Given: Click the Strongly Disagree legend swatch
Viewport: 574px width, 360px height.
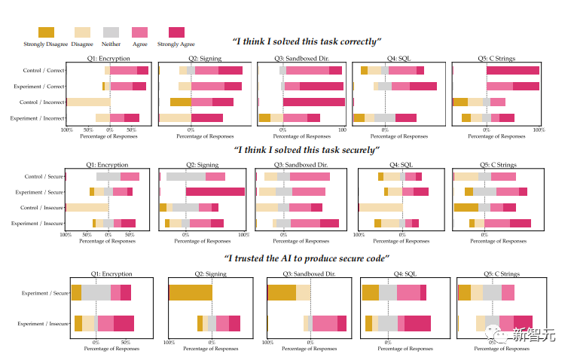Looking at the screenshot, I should click(45, 32).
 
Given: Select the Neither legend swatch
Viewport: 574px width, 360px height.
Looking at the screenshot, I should click(111, 32).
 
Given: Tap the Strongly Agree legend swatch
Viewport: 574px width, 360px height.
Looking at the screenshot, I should click(176, 32).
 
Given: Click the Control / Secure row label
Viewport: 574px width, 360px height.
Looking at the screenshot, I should click(44, 176).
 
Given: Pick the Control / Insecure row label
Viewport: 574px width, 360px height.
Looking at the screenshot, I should click(42, 207).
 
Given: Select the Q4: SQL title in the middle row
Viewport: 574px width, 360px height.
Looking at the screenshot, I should click(401, 165).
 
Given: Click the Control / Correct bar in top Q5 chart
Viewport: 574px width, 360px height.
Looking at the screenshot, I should click(512, 70).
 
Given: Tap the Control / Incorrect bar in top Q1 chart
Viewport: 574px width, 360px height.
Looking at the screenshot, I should click(89, 102).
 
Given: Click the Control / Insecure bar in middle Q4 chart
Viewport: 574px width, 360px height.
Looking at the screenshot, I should click(380, 207).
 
